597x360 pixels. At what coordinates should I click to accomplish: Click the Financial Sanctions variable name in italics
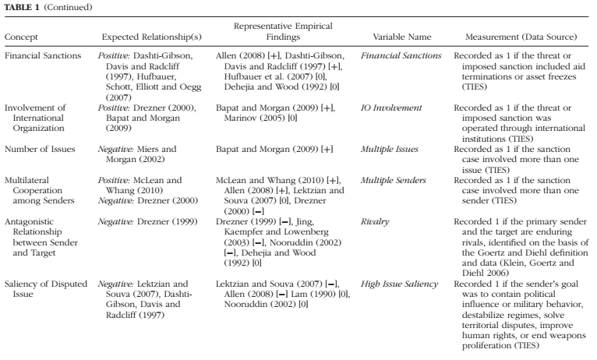[401, 57]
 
